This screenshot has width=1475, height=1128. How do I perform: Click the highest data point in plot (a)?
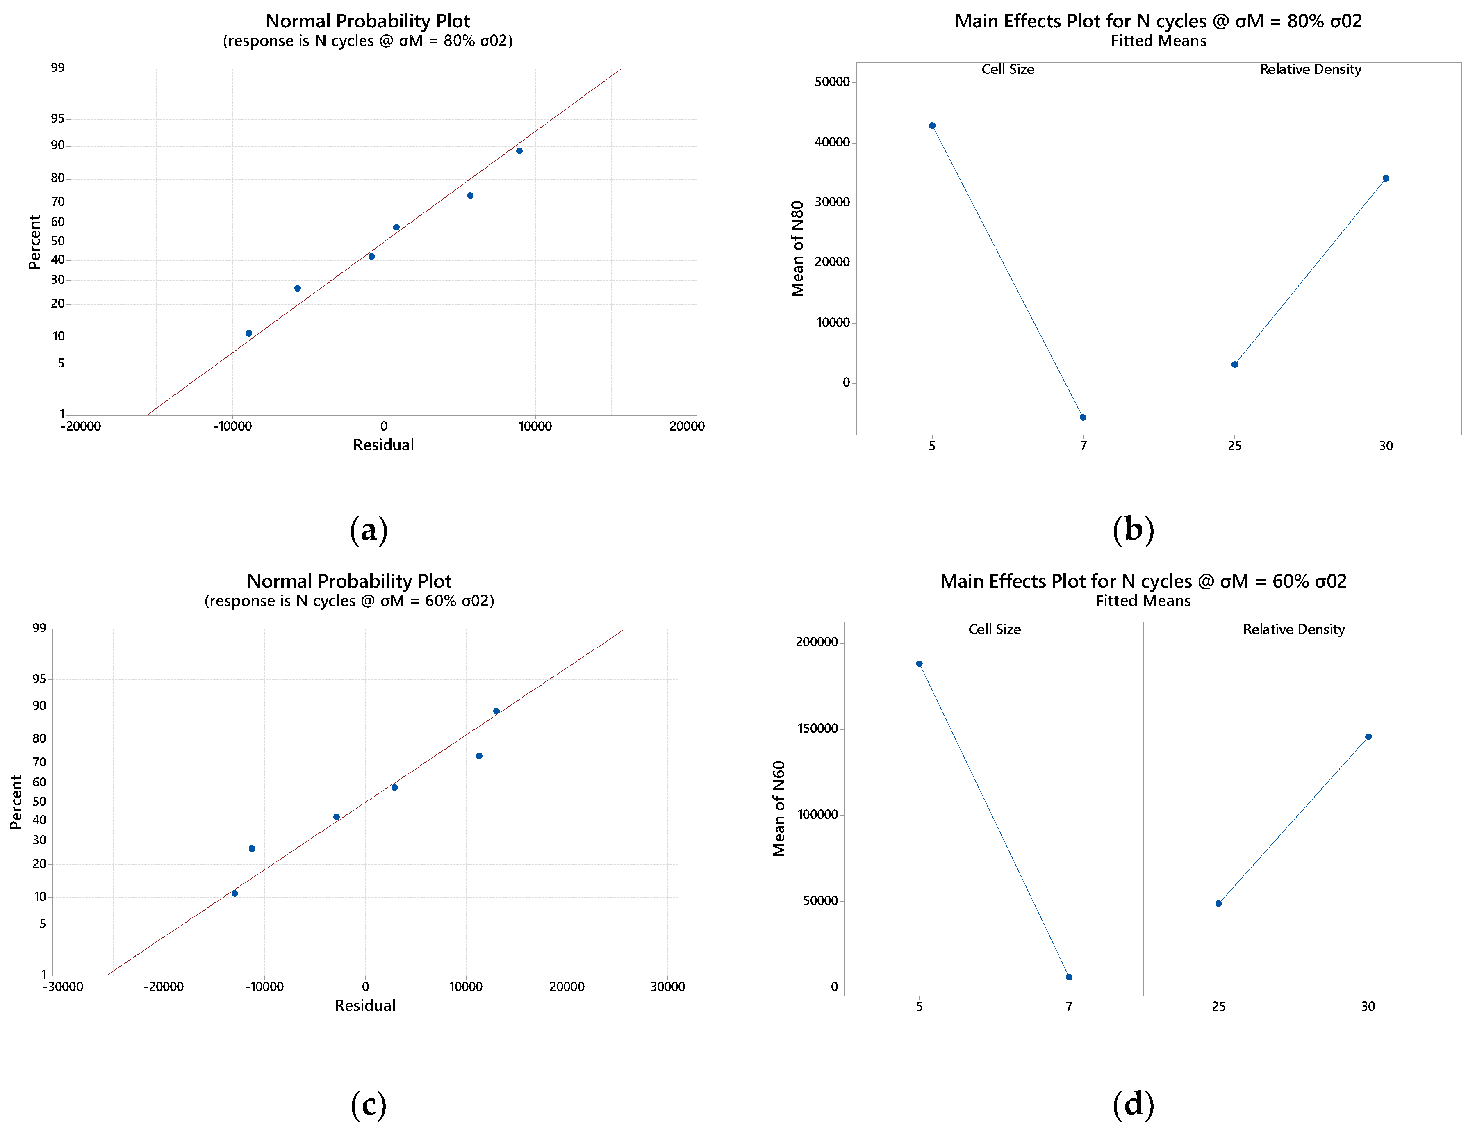519,151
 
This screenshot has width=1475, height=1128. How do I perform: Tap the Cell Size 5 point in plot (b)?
932,125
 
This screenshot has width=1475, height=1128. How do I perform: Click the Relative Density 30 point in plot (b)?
1386,179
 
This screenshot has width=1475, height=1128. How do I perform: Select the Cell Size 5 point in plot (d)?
919,664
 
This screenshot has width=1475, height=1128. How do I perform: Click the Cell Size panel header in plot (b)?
1007,69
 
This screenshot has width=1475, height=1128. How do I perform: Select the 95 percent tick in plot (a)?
58,119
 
